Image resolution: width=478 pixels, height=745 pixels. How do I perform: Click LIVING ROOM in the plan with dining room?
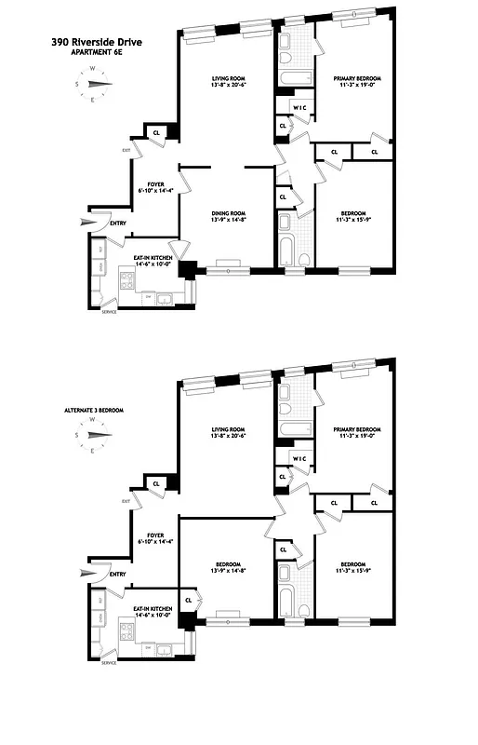[226, 79]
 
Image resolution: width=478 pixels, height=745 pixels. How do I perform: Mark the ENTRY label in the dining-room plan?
[118, 223]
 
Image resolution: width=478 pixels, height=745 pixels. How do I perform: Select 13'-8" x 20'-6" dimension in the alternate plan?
[226, 435]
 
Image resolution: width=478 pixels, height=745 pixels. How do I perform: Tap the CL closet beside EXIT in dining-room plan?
[154, 132]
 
